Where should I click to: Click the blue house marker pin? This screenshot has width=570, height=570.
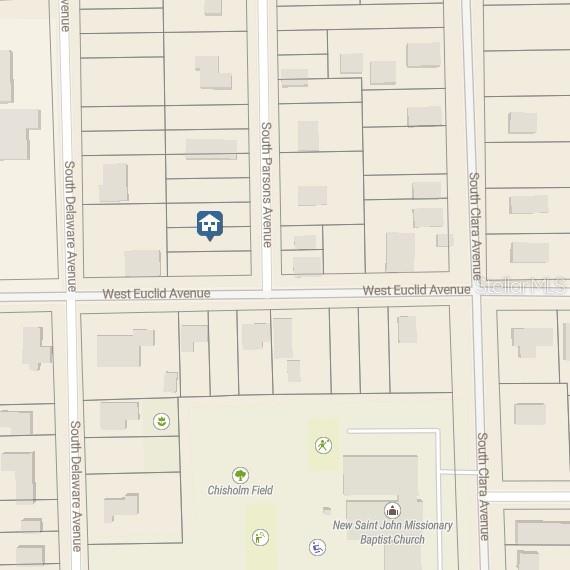209,224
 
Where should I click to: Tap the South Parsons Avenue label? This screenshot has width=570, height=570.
267,184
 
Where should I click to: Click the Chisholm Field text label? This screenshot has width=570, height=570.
240,490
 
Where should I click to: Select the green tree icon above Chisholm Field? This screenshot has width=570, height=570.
240,475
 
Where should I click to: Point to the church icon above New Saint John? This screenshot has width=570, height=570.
392,511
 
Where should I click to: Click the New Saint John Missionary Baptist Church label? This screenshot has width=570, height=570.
392,532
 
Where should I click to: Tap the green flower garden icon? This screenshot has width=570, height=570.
160,422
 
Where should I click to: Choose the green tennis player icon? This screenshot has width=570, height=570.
323,445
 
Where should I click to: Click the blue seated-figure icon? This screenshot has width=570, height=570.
317,547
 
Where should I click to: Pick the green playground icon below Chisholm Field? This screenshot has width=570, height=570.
260,538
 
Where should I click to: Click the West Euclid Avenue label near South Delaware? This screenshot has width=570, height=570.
156,293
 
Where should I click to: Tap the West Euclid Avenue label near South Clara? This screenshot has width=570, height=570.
416,290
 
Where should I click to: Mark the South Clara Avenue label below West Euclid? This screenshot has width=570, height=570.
483,486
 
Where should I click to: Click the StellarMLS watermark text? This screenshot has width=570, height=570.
522,285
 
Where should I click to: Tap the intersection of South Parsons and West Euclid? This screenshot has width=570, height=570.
266,293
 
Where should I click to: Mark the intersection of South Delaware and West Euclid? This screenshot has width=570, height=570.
72,296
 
